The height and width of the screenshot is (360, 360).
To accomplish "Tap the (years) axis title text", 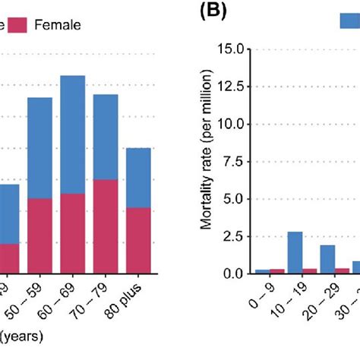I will pyautogui.click(x=21, y=335).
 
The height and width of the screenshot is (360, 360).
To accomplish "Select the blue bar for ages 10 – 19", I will pyautogui.click(x=295, y=252).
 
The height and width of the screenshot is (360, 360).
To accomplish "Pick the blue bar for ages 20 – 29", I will pyautogui.click(x=327, y=259).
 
